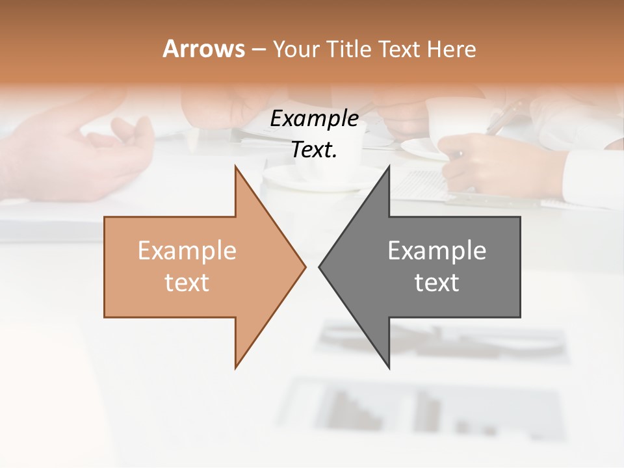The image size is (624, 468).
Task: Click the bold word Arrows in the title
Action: pos(203,49)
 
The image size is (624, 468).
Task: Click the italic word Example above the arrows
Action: pos(314,118)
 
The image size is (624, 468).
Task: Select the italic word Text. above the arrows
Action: pos(314,149)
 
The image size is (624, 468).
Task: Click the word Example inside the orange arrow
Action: pos(187,251)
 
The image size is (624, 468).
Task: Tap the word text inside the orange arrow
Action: pos(187,282)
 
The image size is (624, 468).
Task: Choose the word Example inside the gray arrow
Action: pos(437,251)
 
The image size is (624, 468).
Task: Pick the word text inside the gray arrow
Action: pos(437,282)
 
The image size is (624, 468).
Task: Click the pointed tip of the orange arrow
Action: pos(305,266)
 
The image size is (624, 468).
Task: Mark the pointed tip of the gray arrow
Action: pos(320,266)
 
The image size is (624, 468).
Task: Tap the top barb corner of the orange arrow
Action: pos(236,166)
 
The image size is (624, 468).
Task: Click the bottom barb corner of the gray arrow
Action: pos(389,368)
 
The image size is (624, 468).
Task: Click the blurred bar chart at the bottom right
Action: pos(429,409)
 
